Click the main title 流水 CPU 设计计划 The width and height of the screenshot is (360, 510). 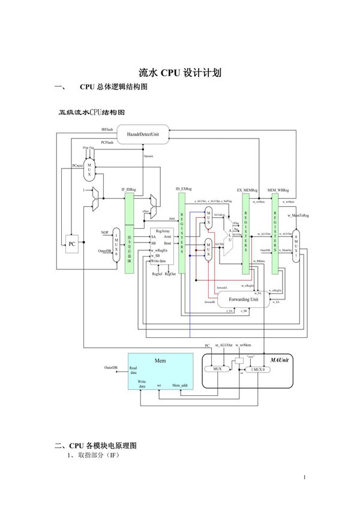tap(180, 73)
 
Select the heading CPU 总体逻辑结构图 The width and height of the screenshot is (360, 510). tap(113, 88)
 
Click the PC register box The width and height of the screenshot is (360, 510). tap(72, 244)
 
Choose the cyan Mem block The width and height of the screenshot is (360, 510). tap(160, 372)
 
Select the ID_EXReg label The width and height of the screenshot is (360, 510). tap(183, 190)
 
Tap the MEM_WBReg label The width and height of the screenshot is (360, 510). tap(278, 190)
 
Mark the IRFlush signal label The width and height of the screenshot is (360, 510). tap(106, 129)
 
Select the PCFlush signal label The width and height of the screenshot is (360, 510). tap(106, 143)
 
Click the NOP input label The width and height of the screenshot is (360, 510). tap(104, 232)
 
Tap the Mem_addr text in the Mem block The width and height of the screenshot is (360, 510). tap(181, 385)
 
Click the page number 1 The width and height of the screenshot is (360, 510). tap(305, 478)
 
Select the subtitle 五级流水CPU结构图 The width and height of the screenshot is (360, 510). tap(91, 112)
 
